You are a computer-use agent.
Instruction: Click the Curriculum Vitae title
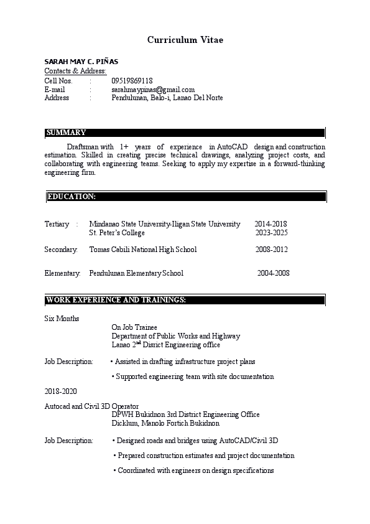click(185, 40)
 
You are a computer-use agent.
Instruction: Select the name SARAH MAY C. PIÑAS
click(81, 62)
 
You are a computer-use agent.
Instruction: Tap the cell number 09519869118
click(132, 81)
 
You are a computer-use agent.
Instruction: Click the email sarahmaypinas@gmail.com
click(153, 90)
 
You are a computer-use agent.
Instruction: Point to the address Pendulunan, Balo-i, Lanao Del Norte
click(167, 98)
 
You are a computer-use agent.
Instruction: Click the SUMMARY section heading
click(66, 133)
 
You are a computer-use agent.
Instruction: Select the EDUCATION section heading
click(72, 197)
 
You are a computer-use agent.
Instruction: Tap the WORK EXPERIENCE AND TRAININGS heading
click(116, 301)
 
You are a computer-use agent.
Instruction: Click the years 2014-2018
click(271, 224)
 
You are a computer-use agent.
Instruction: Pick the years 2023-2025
click(271, 233)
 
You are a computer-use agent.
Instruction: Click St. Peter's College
click(117, 233)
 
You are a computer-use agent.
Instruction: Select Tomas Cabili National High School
click(143, 250)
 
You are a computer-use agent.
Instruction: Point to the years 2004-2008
click(273, 273)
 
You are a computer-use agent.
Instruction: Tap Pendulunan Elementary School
click(136, 273)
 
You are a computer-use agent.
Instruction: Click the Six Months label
click(62, 319)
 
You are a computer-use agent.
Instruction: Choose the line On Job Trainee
click(134, 327)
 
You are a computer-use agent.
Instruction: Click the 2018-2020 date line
click(61, 391)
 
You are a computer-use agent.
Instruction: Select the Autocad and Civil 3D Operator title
click(91, 406)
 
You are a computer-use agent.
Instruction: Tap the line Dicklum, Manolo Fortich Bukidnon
click(165, 423)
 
